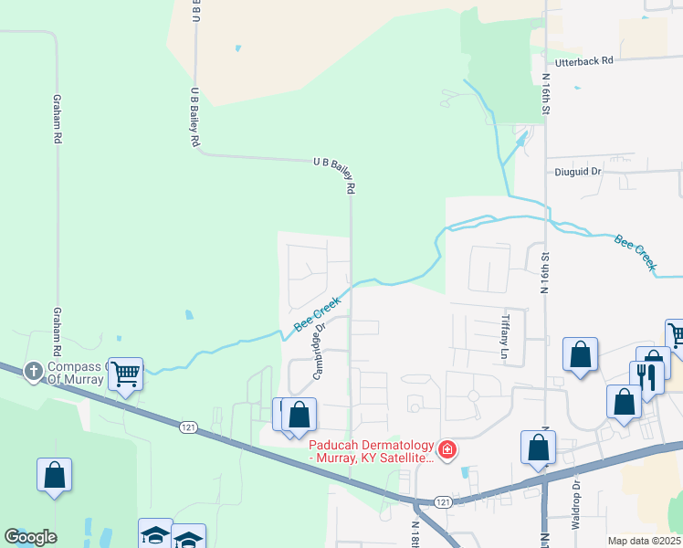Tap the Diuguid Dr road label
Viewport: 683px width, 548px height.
tap(579, 171)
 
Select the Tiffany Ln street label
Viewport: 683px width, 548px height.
tap(505, 335)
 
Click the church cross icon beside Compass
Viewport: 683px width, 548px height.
tap(34, 370)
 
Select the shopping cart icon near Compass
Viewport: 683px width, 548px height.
tap(125, 372)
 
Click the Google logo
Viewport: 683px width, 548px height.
tap(30, 537)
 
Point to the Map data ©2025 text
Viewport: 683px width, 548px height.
tap(644, 541)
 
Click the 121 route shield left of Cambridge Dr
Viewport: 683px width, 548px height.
tap(187, 427)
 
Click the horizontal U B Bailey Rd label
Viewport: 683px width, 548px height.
tap(333, 162)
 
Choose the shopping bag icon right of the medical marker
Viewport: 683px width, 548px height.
tap(538, 447)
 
